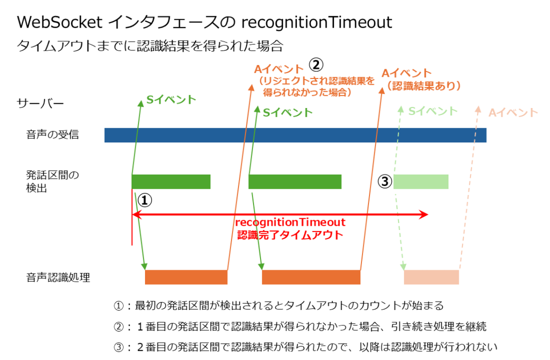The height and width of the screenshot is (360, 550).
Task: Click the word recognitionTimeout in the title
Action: click(x=317, y=23)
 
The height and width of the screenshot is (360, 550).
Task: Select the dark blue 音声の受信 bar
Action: click(x=295, y=135)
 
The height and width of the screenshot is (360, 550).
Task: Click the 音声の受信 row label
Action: click(x=53, y=135)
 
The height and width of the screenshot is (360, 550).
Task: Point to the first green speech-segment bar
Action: click(x=171, y=182)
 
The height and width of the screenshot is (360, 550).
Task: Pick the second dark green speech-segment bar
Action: click(x=295, y=182)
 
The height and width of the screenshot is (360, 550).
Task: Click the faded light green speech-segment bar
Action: click(x=421, y=182)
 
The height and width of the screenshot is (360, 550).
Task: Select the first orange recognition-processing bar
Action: click(x=186, y=277)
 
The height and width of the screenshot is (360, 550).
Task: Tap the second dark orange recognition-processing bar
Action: click(x=311, y=277)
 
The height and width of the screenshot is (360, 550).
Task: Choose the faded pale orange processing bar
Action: click(x=431, y=277)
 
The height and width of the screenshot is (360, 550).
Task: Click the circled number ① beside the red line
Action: click(x=145, y=200)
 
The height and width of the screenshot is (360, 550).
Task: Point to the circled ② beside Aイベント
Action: click(x=316, y=65)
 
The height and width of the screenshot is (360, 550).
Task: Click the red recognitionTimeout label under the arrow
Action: click(x=290, y=222)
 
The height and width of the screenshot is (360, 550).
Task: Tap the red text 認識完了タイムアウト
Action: click(x=290, y=235)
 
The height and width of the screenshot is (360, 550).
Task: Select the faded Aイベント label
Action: click(x=513, y=112)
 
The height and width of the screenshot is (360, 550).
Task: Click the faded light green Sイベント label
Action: click(x=433, y=111)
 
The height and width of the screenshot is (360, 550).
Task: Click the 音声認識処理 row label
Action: click(x=58, y=277)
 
